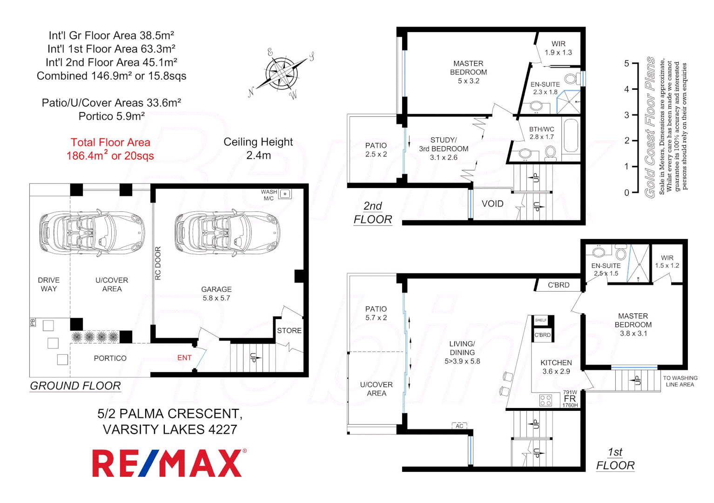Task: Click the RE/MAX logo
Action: (x=168, y=463)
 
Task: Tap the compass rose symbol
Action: (x=282, y=74)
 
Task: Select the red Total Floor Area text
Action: (x=110, y=149)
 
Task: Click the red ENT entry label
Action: (x=184, y=358)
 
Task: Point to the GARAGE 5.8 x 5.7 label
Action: (x=216, y=293)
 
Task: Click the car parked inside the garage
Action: (x=227, y=233)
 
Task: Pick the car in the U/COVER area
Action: (x=92, y=233)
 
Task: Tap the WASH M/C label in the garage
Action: (x=269, y=195)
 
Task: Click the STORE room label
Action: (x=289, y=331)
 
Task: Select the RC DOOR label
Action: (x=158, y=263)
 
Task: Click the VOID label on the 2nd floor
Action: (x=492, y=204)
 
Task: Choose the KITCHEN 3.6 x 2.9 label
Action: (x=556, y=367)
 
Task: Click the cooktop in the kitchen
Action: (x=546, y=400)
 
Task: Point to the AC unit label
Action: (x=459, y=426)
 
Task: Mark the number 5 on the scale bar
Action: (x=626, y=63)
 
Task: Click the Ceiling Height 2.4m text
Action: (x=258, y=149)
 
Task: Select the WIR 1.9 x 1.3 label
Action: (x=558, y=48)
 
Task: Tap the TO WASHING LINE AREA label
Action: (x=680, y=381)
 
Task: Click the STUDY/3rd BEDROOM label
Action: (x=444, y=149)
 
